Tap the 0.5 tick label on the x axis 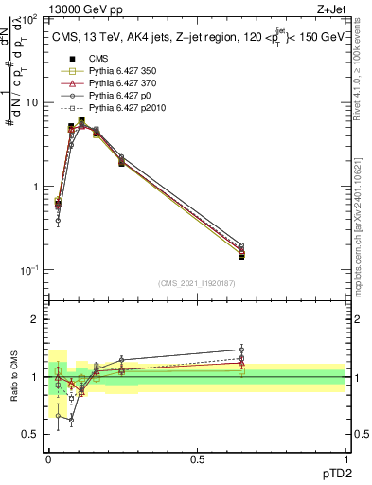pyautogui.click(x=197, y=458)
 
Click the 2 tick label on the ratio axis pyautogui.click(x=35, y=319)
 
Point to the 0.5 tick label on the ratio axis pyautogui.click(x=30, y=434)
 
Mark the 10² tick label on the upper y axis pyautogui.click(x=29, y=20)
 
